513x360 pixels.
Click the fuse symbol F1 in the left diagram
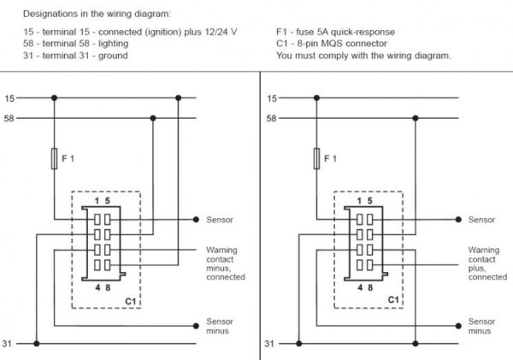pyautogui.click(x=55, y=159)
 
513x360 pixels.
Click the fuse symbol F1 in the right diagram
pyautogui.click(x=316, y=159)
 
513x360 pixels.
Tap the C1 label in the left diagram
pyautogui.click(x=131, y=301)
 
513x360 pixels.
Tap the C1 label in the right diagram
pyautogui.click(x=393, y=300)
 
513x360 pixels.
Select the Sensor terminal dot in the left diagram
pyautogui.click(x=196, y=220)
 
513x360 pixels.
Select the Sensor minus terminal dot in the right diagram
pyautogui.click(x=458, y=326)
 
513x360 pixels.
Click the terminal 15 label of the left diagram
pyautogui.click(x=9, y=98)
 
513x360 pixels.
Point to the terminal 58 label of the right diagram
pyautogui.click(x=272, y=118)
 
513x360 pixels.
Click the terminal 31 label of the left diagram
pyautogui.click(x=7, y=344)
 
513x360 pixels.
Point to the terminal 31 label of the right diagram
pyautogui.click(x=269, y=344)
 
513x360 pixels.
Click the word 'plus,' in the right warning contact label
pyautogui.click(x=477, y=269)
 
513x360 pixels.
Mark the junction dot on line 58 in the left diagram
pyautogui.click(x=153, y=118)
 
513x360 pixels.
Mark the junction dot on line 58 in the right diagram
pyautogui.click(x=416, y=118)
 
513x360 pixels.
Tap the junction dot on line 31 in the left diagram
pyautogui.click(x=37, y=344)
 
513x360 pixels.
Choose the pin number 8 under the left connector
pyautogui.click(x=108, y=287)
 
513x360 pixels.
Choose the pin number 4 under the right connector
pyautogui.click(x=360, y=287)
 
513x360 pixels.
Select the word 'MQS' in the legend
pyautogui.click(x=332, y=44)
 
